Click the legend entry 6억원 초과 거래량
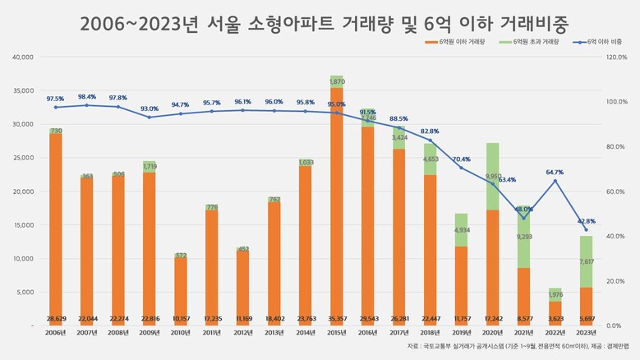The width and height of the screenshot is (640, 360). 532,41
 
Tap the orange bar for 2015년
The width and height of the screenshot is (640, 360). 336,205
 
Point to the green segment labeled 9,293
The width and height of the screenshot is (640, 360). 523,237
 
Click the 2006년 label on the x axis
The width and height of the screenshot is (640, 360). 55,333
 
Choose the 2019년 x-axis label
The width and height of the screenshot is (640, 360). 460,333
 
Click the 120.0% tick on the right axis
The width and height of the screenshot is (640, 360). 619,57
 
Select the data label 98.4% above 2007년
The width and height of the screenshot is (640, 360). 86,96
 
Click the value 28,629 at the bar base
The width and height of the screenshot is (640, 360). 55,317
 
